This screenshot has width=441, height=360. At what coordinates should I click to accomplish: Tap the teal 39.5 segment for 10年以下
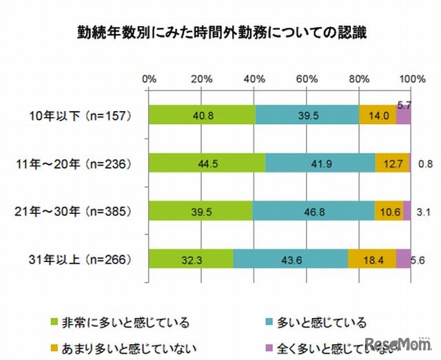(x=307, y=115)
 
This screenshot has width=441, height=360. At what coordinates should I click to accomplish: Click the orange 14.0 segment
(x=377, y=115)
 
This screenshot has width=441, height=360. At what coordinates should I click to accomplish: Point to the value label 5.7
(x=404, y=105)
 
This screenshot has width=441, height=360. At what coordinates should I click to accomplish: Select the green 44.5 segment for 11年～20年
(x=207, y=163)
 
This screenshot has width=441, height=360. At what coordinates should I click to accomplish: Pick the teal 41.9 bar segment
(x=320, y=163)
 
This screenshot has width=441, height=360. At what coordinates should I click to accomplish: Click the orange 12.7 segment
(x=391, y=163)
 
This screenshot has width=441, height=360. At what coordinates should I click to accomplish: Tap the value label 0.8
(x=424, y=164)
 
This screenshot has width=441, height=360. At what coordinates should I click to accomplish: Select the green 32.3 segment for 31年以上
(x=191, y=259)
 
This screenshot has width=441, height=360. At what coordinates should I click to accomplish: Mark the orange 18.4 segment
(x=371, y=259)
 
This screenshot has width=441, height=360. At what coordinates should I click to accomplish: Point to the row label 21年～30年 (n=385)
(x=76, y=211)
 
